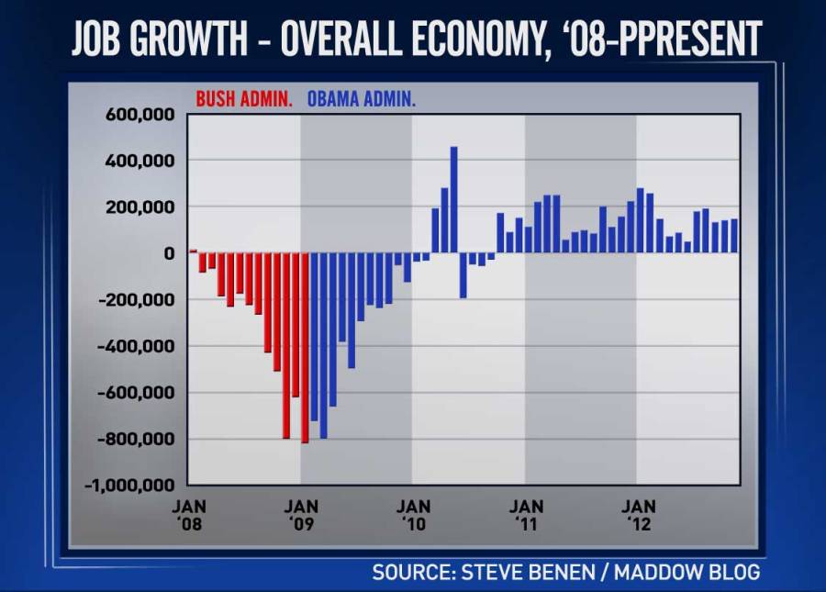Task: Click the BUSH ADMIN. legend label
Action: [244, 99]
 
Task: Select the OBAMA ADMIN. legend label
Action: [361, 99]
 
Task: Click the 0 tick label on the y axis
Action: [169, 253]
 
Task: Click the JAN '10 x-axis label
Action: [414, 515]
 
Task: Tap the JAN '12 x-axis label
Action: [639, 515]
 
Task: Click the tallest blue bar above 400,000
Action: [453, 199]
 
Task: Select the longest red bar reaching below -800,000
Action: [305, 347]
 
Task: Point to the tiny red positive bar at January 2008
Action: [193, 251]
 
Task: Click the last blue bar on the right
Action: [734, 236]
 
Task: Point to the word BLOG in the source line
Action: [730, 573]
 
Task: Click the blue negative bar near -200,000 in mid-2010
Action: [463, 274]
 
